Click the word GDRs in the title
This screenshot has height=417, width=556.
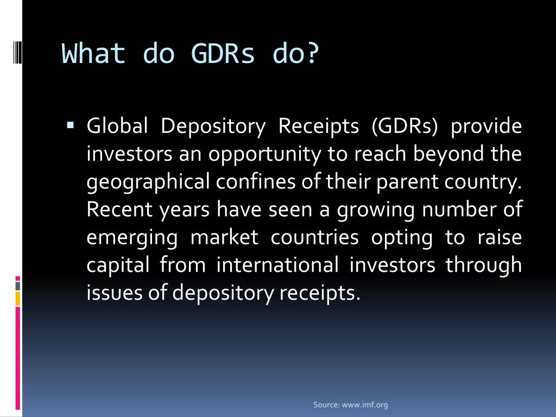click(x=223, y=54)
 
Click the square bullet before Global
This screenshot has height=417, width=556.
click(x=71, y=125)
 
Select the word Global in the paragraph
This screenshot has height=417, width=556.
click(x=117, y=126)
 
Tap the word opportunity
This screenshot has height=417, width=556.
click(x=266, y=154)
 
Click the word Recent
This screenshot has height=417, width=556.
click(x=120, y=210)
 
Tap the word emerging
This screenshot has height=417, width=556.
click(x=132, y=238)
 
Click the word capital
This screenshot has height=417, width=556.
click(x=118, y=266)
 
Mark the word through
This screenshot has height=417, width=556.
click(x=484, y=266)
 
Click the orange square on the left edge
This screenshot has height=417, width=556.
click(x=18, y=298)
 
